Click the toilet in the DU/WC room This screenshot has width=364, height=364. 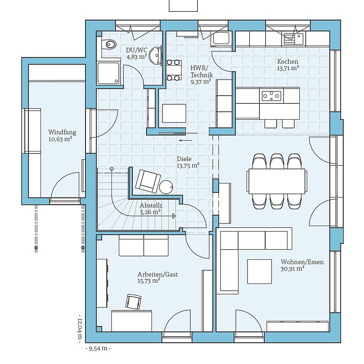109,44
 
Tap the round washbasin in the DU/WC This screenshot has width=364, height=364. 156,56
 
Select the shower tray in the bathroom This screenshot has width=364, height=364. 109,73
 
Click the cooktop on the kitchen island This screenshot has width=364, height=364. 271,96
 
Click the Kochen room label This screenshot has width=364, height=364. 288,61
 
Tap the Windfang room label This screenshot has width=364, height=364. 62,132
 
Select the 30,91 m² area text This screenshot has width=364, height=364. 292,268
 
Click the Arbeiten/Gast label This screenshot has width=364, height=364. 157,274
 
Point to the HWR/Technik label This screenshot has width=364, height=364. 201,71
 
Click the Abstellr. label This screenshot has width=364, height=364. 152,206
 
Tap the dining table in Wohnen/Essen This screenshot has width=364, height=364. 277,181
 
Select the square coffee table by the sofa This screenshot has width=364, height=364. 259,271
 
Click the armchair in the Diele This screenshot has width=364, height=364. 148,181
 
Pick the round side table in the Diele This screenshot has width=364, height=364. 166,187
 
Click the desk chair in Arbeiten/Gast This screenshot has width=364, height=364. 133,302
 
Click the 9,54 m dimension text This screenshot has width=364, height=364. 98,349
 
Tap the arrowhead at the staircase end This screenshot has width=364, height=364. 174,216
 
